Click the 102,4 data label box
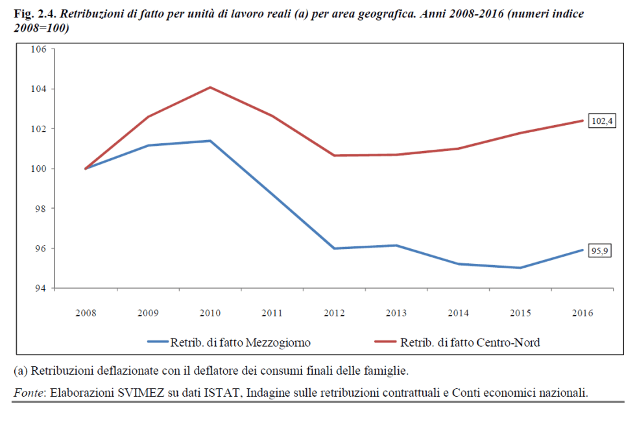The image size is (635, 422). [x=601, y=121]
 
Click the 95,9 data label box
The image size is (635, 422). [x=601, y=251]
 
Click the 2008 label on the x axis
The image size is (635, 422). [x=86, y=313]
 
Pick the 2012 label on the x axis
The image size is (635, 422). [x=334, y=313]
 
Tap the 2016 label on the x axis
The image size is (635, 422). [x=582, y=313]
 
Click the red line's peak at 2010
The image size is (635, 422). [x=210, y=88]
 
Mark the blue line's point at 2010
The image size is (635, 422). [x=210, y=141]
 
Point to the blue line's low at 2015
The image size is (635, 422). [x=520, y=268]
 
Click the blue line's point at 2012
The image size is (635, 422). [x=334, y=248]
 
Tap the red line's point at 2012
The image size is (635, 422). [x=334, y=156]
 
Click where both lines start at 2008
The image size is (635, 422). [x=86, y=169]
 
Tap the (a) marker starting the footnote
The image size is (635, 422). [x=21, y=371]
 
